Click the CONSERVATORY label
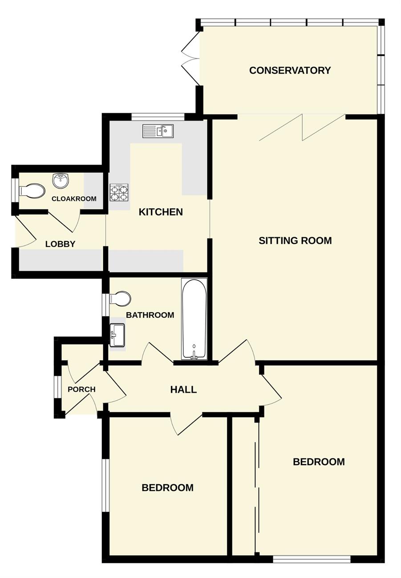pos(290,70)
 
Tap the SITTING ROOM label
pos(296,241)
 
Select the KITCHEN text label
pos(161,212)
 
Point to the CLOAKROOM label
pos(74,199)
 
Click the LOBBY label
pos(60,244)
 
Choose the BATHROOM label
pos(150,315)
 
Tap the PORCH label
pos(81,389)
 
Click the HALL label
pos(183,389)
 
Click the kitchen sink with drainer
pos(158,131)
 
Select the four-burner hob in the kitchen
pos(119,193)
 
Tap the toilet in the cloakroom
pos(32,191)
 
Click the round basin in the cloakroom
pos(61,181)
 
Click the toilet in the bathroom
pos(120,299)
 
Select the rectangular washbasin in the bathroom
pos(117,335)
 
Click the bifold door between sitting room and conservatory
pos(302,128)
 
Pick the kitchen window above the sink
pos(158,117)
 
